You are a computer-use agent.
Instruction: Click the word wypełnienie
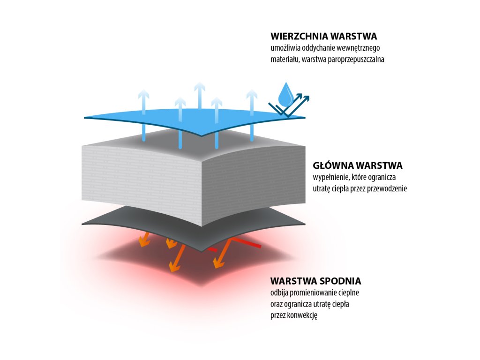point(331,178)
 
